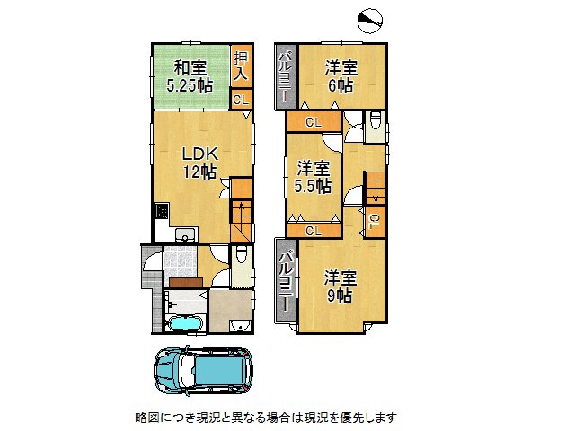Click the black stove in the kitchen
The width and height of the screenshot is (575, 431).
(x=161, y=213)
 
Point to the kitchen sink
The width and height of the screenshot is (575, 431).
(x=186, y=235)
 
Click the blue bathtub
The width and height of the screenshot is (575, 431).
(x=187, y=322)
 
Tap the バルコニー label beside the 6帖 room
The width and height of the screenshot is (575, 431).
(x=283, y=77)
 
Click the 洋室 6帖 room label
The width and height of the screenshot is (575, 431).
(x=341, y=77)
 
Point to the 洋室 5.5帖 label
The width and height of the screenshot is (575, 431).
(x=313, y=177)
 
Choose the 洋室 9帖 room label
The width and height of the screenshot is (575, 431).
(x=340, y=286)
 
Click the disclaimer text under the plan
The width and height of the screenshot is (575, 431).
(x=264, y=418)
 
